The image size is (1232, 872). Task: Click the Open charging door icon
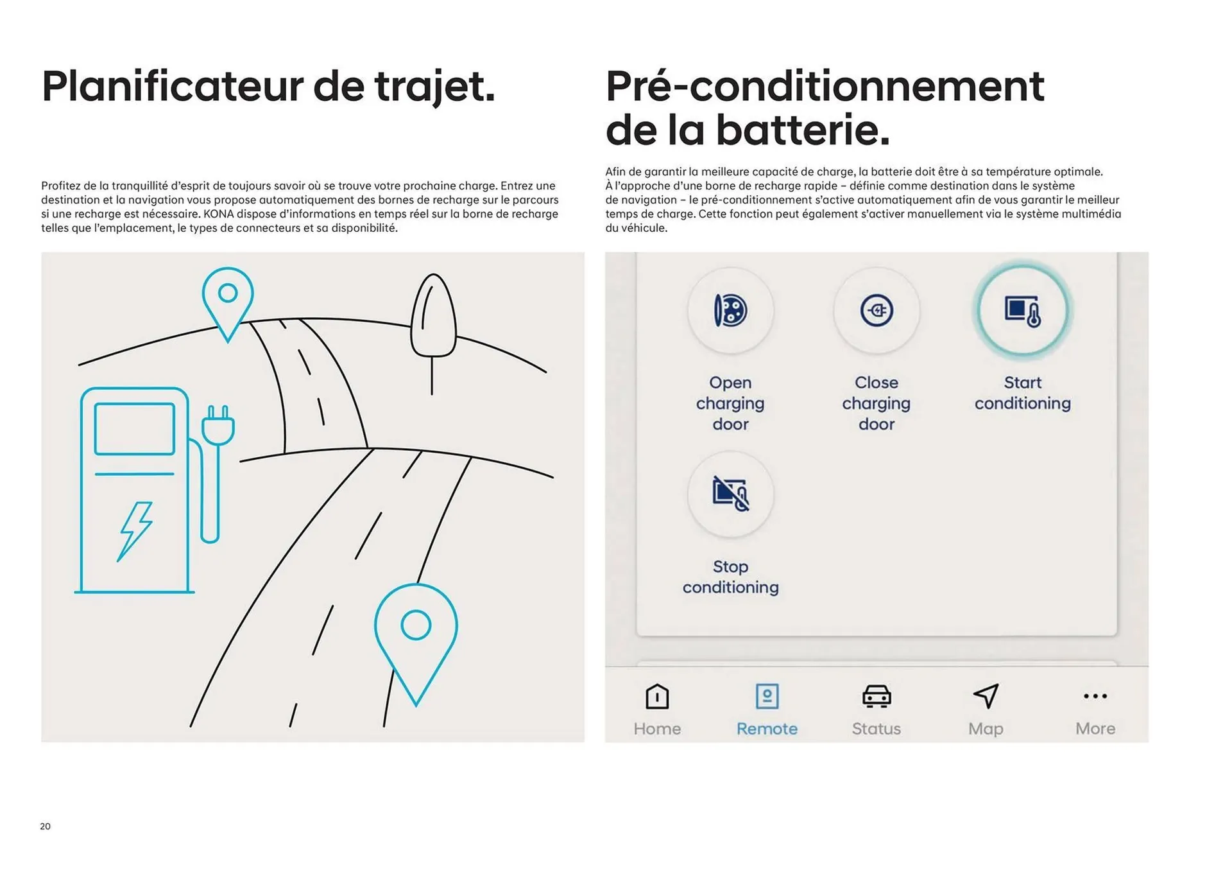click(x=730, y=311)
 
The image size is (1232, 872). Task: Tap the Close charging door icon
click(x=876, y=311)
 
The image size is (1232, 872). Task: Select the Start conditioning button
click(x=1022, y=311)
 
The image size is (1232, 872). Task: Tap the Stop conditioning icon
click(x=730, y=494)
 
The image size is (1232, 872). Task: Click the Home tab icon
click(x=657, y=697)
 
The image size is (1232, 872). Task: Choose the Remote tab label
click(x=767, y=729)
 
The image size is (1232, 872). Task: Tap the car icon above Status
click(x=876, y=697)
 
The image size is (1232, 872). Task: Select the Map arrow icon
click(x=986, y=696)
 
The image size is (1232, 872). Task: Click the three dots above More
click(x=1095, y=696)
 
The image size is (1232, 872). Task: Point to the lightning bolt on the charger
click(x=135, y=530)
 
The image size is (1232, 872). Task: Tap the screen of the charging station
click(x=135, y=429)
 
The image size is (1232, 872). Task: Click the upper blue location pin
click(x=228, y=299)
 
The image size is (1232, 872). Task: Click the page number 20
click(x=45, y=826)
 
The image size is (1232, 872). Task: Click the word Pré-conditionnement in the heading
click(x=825, y=86)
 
